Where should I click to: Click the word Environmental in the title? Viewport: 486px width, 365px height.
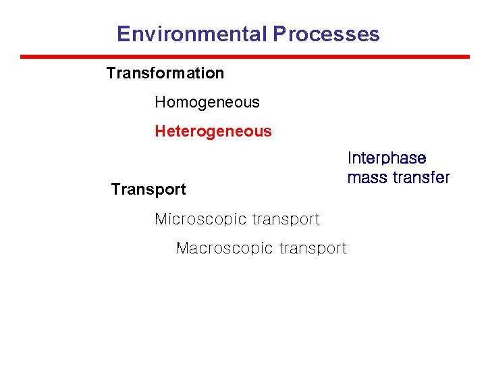(x=192, y=34)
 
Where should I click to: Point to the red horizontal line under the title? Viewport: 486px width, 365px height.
(x=244, y=57)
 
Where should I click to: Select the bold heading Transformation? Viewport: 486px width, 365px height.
(x=165, y=72)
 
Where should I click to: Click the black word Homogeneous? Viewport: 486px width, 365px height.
(x=207, y=103)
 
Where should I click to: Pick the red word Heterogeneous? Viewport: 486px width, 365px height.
(x=213, y=131)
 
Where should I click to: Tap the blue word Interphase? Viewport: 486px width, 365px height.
(x=387, y=158)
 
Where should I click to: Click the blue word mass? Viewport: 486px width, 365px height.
(x=367, y=178)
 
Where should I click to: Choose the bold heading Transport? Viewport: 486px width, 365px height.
(x=148, y=189)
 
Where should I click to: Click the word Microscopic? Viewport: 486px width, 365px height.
(x=200, y=219)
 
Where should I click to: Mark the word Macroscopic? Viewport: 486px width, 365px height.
(x=222, y=248)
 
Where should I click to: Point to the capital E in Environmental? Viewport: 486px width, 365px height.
(x=123, y=34)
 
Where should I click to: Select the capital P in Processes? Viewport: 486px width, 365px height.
(x=279, y=34)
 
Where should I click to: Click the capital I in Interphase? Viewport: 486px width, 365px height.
(x=350, y=158)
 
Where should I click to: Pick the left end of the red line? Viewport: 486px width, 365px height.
(x=22, y=57)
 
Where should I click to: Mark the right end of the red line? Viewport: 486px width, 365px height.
(x=468, y=57)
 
